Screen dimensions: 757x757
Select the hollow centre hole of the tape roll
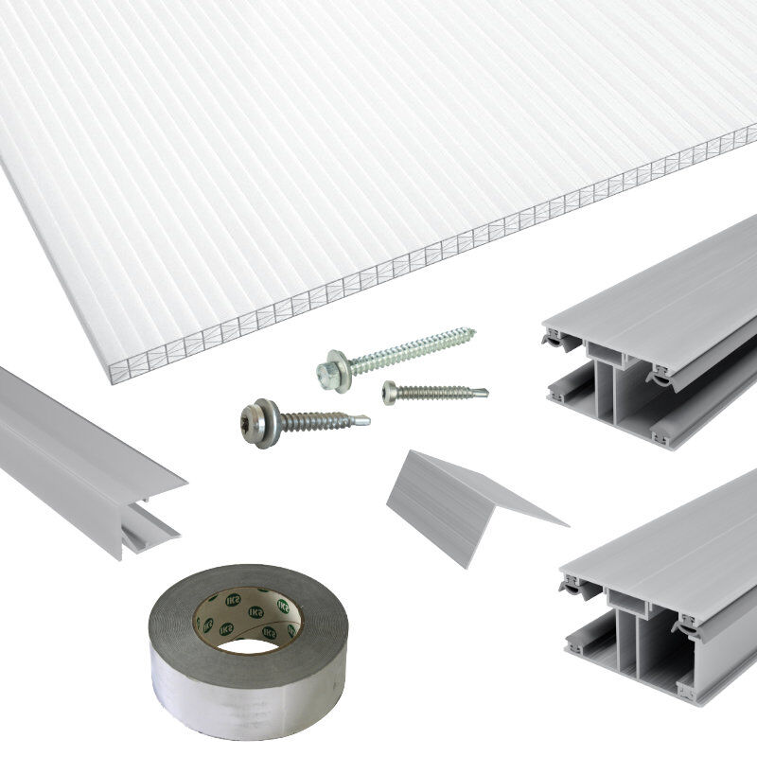click(248, 640)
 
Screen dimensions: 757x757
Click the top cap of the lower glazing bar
click(681, 539)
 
